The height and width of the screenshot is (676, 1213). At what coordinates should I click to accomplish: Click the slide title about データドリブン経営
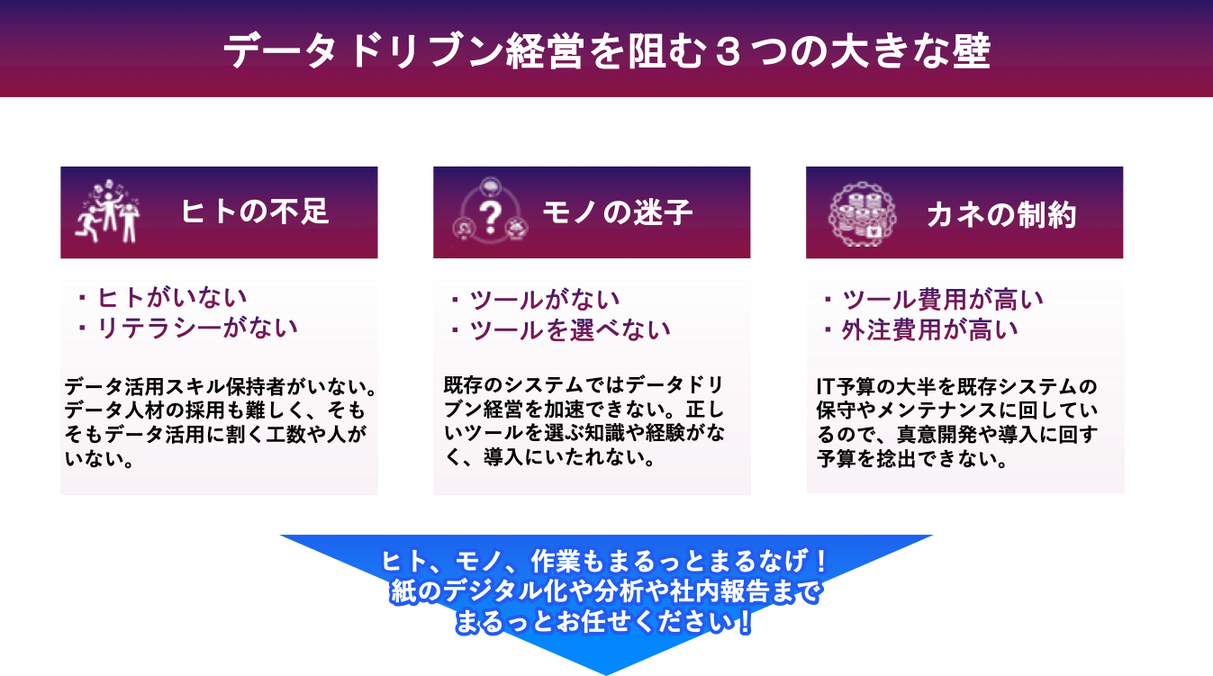pos(606,52)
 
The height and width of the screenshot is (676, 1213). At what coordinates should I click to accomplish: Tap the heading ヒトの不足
pos(255,212)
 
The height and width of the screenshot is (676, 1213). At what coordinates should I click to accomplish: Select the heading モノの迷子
pos(618,212)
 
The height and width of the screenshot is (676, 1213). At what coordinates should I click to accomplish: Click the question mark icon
pos(490,213)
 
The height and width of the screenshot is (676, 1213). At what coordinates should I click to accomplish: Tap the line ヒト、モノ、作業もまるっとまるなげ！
pos(605,562)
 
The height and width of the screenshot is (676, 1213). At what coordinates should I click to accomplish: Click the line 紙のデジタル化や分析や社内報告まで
pos(606,592)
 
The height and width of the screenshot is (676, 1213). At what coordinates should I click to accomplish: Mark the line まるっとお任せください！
pos(605,623)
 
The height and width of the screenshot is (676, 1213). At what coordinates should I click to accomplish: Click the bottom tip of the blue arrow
pos(606,671)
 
